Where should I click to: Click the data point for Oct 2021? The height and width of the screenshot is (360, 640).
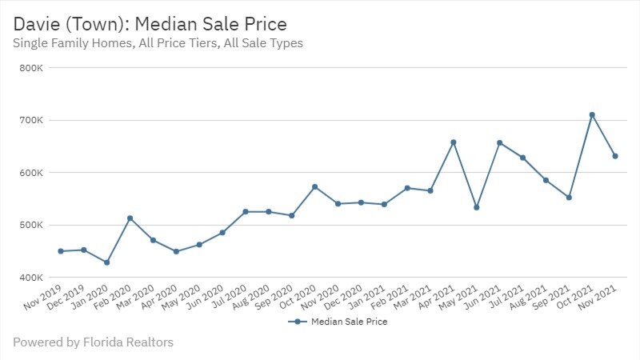pos(592,115)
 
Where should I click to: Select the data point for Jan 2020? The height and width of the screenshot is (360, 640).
pos(106,262)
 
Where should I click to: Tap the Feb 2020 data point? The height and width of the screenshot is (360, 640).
pos(130,218)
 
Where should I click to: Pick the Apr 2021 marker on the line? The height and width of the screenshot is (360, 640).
pos(454,142)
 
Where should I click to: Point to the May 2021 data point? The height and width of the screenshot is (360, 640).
pos(477,207)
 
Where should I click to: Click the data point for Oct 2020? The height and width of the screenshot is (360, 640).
pos(314,187)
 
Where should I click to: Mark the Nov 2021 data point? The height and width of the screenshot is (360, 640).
pos(615,156)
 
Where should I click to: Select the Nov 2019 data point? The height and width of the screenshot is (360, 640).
pos(60,251)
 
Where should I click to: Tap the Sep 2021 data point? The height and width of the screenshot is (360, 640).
pos(569,197)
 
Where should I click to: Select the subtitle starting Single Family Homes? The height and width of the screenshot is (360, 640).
pos(158,43)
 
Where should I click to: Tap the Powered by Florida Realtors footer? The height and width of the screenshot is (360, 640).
pos(93,342)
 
